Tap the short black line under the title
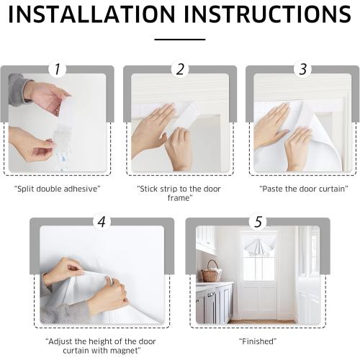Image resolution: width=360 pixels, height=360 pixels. (x=179, y=40)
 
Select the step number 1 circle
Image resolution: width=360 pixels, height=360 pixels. (x=58, y=70)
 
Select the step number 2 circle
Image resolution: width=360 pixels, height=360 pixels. (x=180, y=70)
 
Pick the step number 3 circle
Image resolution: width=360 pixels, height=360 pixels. (x=302, y=70)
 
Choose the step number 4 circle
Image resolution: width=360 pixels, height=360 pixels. (x=102, y=222)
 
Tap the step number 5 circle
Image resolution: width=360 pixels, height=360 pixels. (x=257, y=222)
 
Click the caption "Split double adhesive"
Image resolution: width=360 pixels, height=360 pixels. (x=58, y=189)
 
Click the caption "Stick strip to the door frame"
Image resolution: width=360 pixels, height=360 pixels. (x=179, y=193)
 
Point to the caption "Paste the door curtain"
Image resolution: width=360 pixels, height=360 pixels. (x=302, y=189)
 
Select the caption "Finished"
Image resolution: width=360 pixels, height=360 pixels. (x=257, y=341)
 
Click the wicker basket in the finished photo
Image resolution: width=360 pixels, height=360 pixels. (x=211, y=274)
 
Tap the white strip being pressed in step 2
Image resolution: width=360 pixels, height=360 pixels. (x=189, y=115)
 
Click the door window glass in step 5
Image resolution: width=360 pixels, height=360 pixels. (x=257, y=268)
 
